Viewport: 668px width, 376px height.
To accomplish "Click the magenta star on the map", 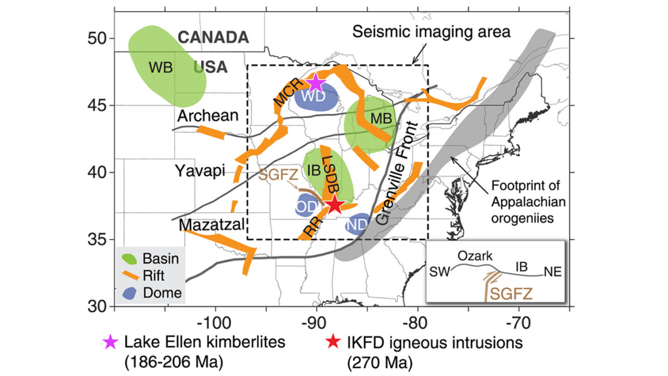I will tap(316, 83).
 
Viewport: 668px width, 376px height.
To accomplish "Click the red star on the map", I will tap(334, 204).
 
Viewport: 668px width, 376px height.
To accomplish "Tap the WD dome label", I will tap(313, 97).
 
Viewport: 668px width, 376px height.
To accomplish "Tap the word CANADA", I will tap(213, 38).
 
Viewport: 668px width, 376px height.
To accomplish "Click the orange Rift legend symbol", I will tap(130, 276).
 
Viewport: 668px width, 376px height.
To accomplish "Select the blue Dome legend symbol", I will tap(130, 293).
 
